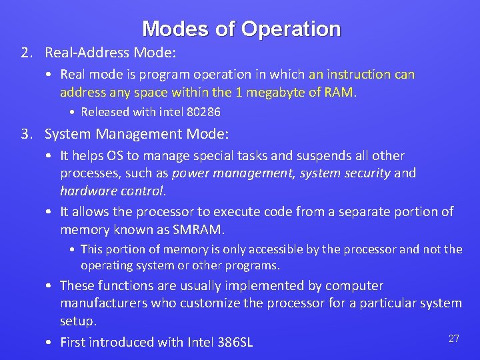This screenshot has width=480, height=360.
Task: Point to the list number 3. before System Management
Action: tap(26, 134)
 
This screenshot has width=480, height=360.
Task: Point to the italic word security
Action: tap(366, 173)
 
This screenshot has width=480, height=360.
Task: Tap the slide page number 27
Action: tap(453, 339)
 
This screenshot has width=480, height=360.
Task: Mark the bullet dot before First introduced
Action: tap(50, 343)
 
